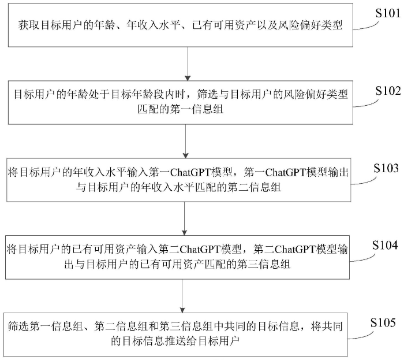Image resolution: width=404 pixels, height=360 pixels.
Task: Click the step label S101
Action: click(x=387, y=13)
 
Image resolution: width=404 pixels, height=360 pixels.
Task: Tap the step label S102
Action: click(x=388, y=91)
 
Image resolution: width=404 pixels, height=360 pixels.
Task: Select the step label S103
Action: click(x=386, y=168)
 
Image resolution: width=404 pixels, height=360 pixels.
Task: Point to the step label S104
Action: click(x=385, y=245)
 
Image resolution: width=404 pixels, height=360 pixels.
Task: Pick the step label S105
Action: click(x=383, y=322)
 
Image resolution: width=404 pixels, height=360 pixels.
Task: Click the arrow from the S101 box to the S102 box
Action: click(x=188, y=64)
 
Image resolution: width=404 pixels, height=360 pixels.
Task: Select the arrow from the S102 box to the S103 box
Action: click(x=185, y=142)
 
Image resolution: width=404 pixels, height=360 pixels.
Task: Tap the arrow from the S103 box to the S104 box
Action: click(x=184, y=218)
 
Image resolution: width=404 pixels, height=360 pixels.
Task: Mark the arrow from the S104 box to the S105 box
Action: click(x=182, y=296)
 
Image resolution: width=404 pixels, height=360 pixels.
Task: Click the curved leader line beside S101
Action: click(x=366, y=27)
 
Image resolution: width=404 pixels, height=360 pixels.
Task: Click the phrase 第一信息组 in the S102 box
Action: click(x=197, y=109)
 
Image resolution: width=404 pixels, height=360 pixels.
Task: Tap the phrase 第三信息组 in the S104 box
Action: click(x=264, y=264)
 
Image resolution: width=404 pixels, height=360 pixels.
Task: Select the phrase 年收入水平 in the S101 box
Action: click(x=153, y=25)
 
